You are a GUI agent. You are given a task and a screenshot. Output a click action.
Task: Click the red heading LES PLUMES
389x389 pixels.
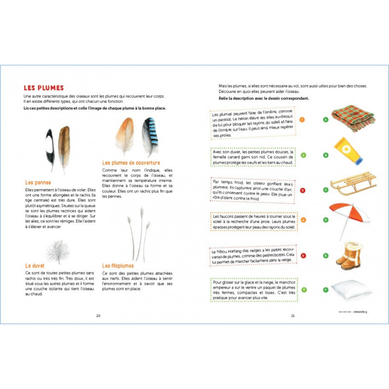pos(44,88)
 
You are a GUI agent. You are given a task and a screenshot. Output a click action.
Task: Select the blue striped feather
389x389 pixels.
pos(150,137)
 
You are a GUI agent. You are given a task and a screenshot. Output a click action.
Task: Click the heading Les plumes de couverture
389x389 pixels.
pos(131,162)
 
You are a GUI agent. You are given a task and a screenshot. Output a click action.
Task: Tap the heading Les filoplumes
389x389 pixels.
pos(118,265)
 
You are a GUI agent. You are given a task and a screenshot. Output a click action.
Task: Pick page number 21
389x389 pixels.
pos(293,316)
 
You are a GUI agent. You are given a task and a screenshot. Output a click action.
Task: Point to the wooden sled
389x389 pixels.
pos(353,184)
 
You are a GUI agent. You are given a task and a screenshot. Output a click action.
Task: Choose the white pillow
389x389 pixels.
pos(351,290)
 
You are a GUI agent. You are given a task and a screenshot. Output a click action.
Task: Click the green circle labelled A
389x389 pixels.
pos(326,119)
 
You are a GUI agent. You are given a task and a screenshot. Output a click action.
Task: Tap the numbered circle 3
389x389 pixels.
pos(303,191)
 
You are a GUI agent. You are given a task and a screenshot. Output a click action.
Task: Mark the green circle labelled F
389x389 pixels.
pos(326,290)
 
